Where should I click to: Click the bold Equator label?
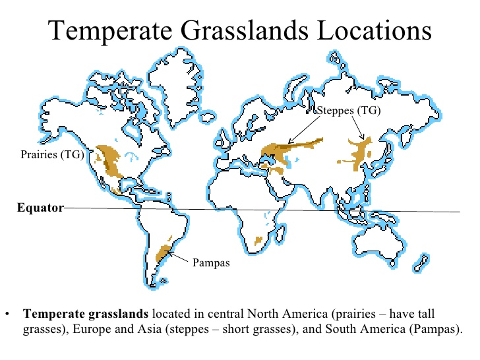[x=40, y=208]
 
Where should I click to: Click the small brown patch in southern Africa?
[x=258, y=241]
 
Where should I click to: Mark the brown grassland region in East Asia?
[x=361, y=153]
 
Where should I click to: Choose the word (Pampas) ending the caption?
[x=433, y=328]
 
